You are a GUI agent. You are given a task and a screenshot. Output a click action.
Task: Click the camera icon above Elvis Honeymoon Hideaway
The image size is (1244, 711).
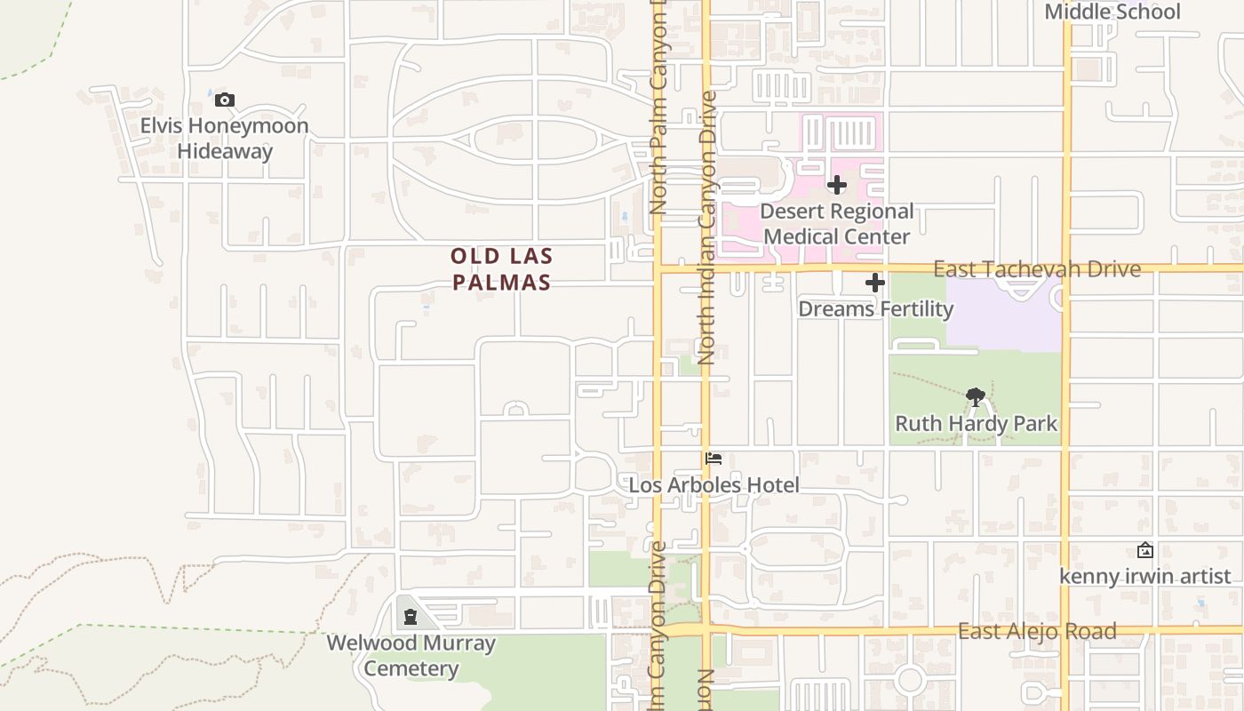(x=225, y=100)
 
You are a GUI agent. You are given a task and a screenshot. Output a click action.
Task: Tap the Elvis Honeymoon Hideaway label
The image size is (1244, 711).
(x=224, y=138)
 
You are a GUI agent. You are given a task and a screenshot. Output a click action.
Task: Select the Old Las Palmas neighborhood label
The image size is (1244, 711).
(x=501, y=269)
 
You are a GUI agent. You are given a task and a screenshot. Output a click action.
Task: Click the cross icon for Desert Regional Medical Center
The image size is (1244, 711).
(x=836, y=185)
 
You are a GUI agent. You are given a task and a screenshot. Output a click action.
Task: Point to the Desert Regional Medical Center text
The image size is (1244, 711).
(x=836, y=224)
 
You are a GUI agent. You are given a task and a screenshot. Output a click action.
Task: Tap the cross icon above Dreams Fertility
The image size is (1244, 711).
(x=875, y=284)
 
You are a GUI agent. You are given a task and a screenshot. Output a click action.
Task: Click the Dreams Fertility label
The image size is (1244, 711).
(x=875, y=309)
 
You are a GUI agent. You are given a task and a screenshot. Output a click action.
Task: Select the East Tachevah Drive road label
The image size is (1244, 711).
(x=1036, y=269)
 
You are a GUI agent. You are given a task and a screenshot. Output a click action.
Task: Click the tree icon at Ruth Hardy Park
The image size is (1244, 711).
(x=976, y=397)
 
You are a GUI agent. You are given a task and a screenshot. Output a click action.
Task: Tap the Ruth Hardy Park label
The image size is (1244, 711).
(x=976, y=424)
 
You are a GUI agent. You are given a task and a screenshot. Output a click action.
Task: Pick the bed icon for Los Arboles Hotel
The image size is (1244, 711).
(x=714, y=459)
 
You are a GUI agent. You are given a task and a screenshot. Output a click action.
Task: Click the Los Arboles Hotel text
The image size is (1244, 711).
(x=714, y=485)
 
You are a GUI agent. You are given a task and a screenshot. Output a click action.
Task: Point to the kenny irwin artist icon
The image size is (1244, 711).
(x=1145, y=551)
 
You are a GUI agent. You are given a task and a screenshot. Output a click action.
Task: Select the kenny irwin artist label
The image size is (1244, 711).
(x=1144, y=577)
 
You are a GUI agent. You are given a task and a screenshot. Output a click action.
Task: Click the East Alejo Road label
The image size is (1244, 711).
(x=1036, y=632)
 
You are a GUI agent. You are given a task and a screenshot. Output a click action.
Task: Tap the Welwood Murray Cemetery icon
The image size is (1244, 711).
(x=411, y=616)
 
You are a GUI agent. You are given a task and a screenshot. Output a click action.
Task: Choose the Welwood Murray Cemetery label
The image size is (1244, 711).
(x=411, y=655)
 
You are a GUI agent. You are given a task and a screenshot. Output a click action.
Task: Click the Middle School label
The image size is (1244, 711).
(x=1112, y=12)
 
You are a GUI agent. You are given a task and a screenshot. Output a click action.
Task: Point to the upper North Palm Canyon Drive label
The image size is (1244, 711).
(x=658, y=107)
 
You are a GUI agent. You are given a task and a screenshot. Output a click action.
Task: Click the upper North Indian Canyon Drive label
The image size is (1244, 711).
(x=707, y=227)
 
